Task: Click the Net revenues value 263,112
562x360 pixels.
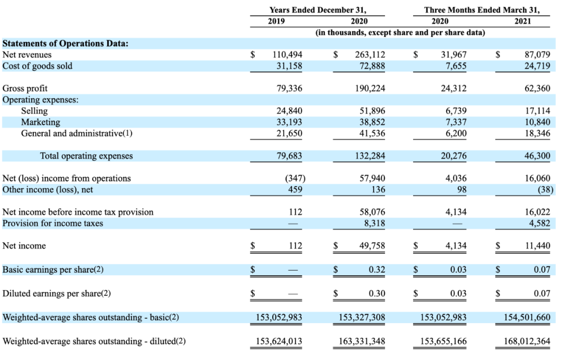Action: pyautogui.click(x=370, y=55)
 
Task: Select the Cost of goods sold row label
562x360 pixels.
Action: pyautogui.click(x=37, y=66)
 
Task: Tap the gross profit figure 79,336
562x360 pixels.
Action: pyautogui.click(x=289, y=88)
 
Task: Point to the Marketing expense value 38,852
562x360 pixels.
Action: pyautogui.click(x=373, y=122)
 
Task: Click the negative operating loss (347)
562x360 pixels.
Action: pyautogui.click(x=295, y=178)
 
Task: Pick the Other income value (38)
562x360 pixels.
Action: pyautogui.click(x=545, y=189)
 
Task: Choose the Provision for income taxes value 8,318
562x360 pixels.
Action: pyautogui.click(x=375, y=223)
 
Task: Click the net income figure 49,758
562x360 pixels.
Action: pyautogui.click(x=373, y=246)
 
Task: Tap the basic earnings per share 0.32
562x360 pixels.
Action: pyautogui.click(x=377, y=269)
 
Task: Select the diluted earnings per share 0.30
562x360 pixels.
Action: pyautogui.click(x=377, y=293)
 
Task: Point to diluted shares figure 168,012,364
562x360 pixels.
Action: pyautogui.click(x=527, y=341)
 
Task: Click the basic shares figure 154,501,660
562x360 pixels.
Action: pyautogui.click(x=527, y=317)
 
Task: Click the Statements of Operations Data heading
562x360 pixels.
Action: pyautogui.click(x=65, y=43)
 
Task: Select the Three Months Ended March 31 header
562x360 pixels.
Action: pyautogui.click(x=482, y=10)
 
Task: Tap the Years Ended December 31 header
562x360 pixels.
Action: pyautogui.click(x=318, y=10)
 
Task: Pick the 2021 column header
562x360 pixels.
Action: pyautogui.click(x=522, y=21)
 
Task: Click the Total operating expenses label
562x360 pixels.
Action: pyautogui.click(x=86, y=156)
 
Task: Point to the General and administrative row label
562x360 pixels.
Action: pyautogui.click(x=76, y=133)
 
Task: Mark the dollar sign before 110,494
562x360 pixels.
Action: pyautogui.click(x=253, y=55)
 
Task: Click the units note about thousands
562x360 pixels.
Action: pyautogui.click(x=400, y=33)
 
